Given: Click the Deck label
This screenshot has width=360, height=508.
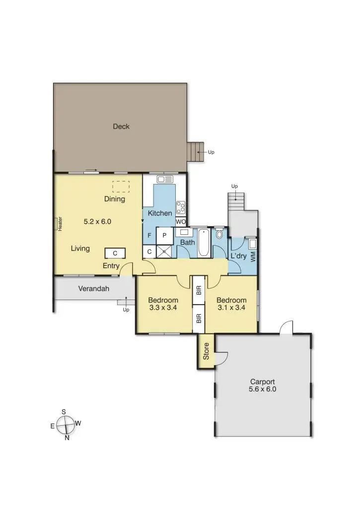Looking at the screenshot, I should [121, 127].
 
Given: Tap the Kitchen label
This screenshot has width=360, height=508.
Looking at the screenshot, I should [160, 213].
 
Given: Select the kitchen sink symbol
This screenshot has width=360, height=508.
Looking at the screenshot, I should [164, 179].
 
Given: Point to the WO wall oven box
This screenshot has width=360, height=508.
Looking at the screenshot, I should [181, 222].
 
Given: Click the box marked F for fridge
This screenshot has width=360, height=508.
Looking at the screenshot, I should [149, 236].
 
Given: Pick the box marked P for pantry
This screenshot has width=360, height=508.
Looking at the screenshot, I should [164, 236].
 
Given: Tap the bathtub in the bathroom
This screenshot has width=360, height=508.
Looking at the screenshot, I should [204, 243].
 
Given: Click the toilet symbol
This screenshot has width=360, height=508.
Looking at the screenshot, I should [219, 235].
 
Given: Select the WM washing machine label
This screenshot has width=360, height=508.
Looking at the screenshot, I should [253, 256].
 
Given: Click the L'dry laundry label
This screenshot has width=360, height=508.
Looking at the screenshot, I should [239, 256].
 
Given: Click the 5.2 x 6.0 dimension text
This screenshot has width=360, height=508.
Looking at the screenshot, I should [97, 222].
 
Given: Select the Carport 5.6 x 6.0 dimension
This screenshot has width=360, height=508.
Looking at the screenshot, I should [263, 389].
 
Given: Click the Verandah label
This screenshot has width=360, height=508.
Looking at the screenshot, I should [93, 289].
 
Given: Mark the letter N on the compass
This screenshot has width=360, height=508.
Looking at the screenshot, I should [67, 437].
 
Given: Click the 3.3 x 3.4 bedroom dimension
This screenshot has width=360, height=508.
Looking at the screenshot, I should [163, 308].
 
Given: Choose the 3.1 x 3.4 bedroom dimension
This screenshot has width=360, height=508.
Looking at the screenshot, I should [231, 308].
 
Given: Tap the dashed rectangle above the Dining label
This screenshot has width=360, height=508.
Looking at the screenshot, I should [121, 187].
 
